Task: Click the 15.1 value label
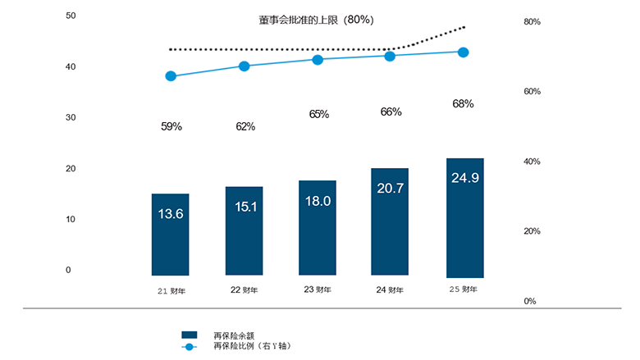coord(245,207)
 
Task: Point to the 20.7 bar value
coord(391,189)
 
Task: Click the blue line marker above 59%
coord(171,76)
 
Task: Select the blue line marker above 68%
coord(464,52)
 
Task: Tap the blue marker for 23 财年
coord(318,60)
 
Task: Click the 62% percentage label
coord(245,126)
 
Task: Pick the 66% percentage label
coord(391,112)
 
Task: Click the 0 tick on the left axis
coord(68,270)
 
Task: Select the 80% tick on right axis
coord(532,22)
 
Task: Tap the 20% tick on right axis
coord(532,231)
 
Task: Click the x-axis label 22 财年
coord(245,289)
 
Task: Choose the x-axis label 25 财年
coord(464,289)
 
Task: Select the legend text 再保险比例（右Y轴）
coord(252,346)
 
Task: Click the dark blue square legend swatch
coord(190,335)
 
